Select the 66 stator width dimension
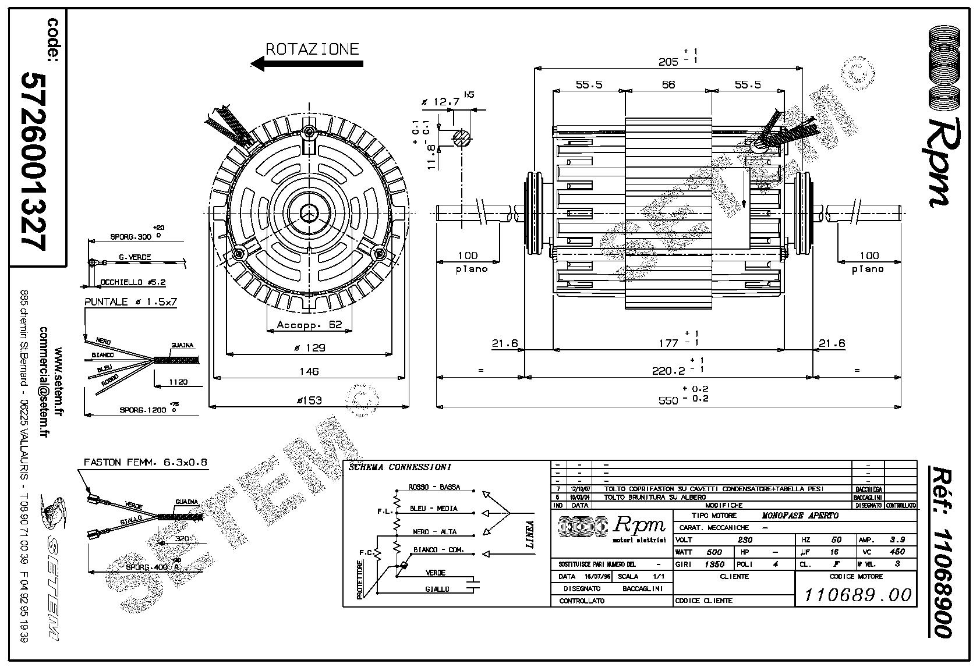pyautogui.click(x=668, y=85)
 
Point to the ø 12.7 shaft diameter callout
pyautogui.click(x=444, y=102)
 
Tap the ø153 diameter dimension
pyautogui.click(x=309, y=400)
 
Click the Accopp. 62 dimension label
pyautogui.click(x=309, y=325)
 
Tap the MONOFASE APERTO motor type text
pyautogui.click(x=800, y=516)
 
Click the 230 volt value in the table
pyautogui.click(x=745, y=539)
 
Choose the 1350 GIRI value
pyautogui.click(x=714, y=564)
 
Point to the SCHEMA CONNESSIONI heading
pyautogui.click(x=399, y=467)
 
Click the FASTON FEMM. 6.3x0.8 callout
pyautogui.click(x=146, y=462)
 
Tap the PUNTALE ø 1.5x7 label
pyautogui.click(x=130, y=303)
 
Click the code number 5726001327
pyautogui.click(x=34, y=161)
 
